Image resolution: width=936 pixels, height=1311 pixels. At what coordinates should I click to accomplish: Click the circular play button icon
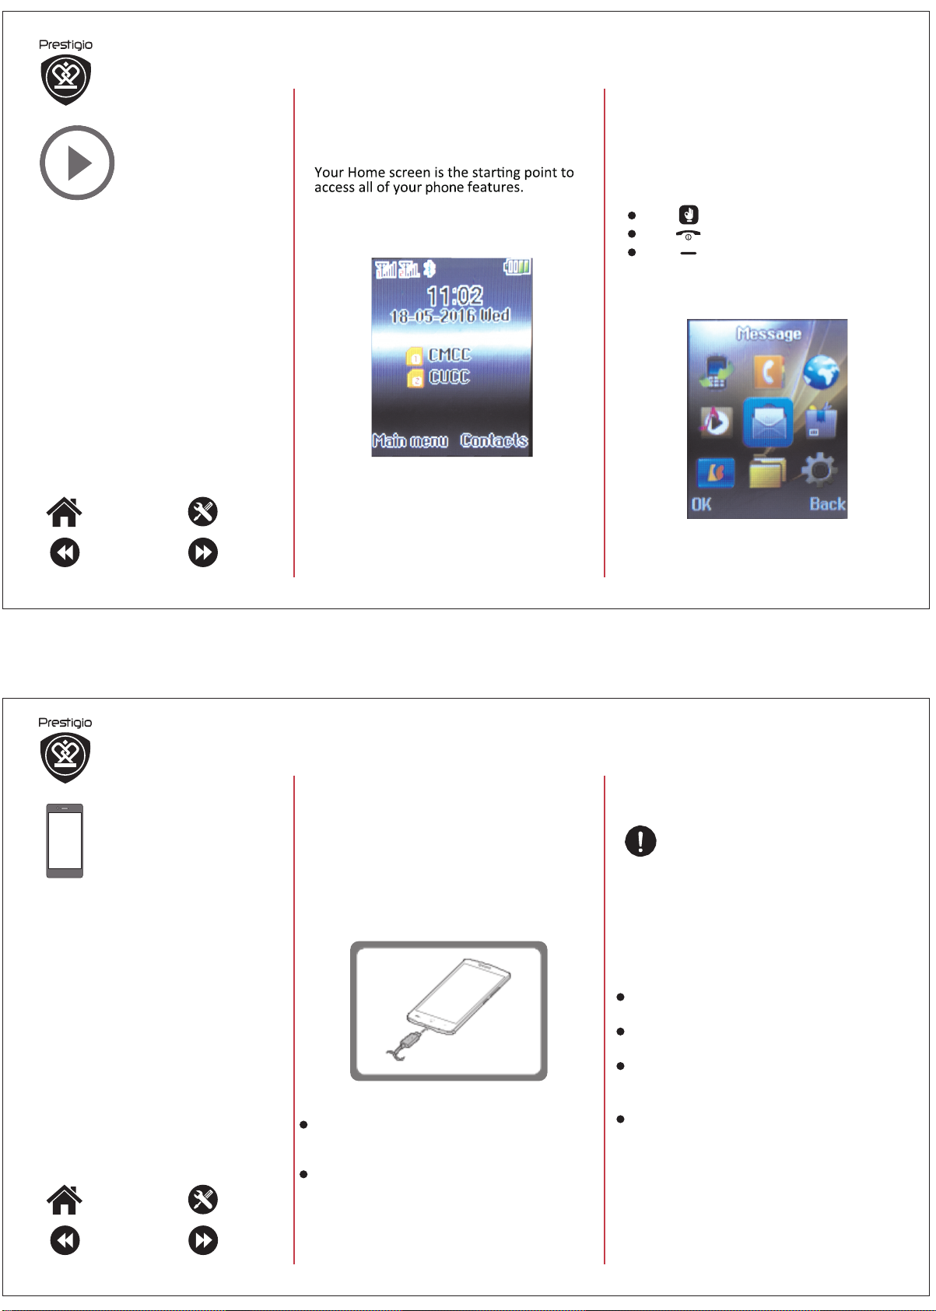pos(77,163)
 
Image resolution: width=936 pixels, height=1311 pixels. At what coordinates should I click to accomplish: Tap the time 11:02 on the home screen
pos(455,295)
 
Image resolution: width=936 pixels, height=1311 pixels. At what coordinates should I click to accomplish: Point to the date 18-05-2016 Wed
pos(450,316)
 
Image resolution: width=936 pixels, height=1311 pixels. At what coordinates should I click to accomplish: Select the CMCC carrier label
pos(449,355)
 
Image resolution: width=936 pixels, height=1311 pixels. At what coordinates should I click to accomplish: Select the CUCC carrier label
pos(449,377)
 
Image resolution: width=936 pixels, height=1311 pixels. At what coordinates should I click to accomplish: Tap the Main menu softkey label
pos(410,440)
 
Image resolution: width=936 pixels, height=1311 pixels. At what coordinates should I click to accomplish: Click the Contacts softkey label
pos(494,440)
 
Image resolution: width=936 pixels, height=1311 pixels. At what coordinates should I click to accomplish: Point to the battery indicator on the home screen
pos(517,267)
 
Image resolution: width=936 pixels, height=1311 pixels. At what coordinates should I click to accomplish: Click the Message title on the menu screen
pos(769,334)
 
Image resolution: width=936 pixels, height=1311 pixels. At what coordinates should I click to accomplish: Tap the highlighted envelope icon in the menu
pos(767,422)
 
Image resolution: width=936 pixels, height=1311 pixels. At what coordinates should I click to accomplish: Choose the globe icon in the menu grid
pos(821,372)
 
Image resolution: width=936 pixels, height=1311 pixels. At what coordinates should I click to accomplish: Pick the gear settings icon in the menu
pos(819,469)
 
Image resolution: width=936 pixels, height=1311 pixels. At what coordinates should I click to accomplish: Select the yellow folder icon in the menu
pos(767,471)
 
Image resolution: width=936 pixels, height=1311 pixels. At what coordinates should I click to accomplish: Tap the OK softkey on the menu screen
pos(701,504)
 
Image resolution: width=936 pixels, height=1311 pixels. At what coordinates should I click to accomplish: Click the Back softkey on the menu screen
pos(827,504)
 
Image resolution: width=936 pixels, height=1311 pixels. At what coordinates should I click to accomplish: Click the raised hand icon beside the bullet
pos(689,215)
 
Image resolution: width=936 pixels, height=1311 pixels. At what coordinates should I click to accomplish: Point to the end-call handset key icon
pos(689,235)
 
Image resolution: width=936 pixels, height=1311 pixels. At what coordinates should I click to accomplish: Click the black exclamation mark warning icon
pos(640,841)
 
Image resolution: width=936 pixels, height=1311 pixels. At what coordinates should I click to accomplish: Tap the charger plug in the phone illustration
pos(409,1041)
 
